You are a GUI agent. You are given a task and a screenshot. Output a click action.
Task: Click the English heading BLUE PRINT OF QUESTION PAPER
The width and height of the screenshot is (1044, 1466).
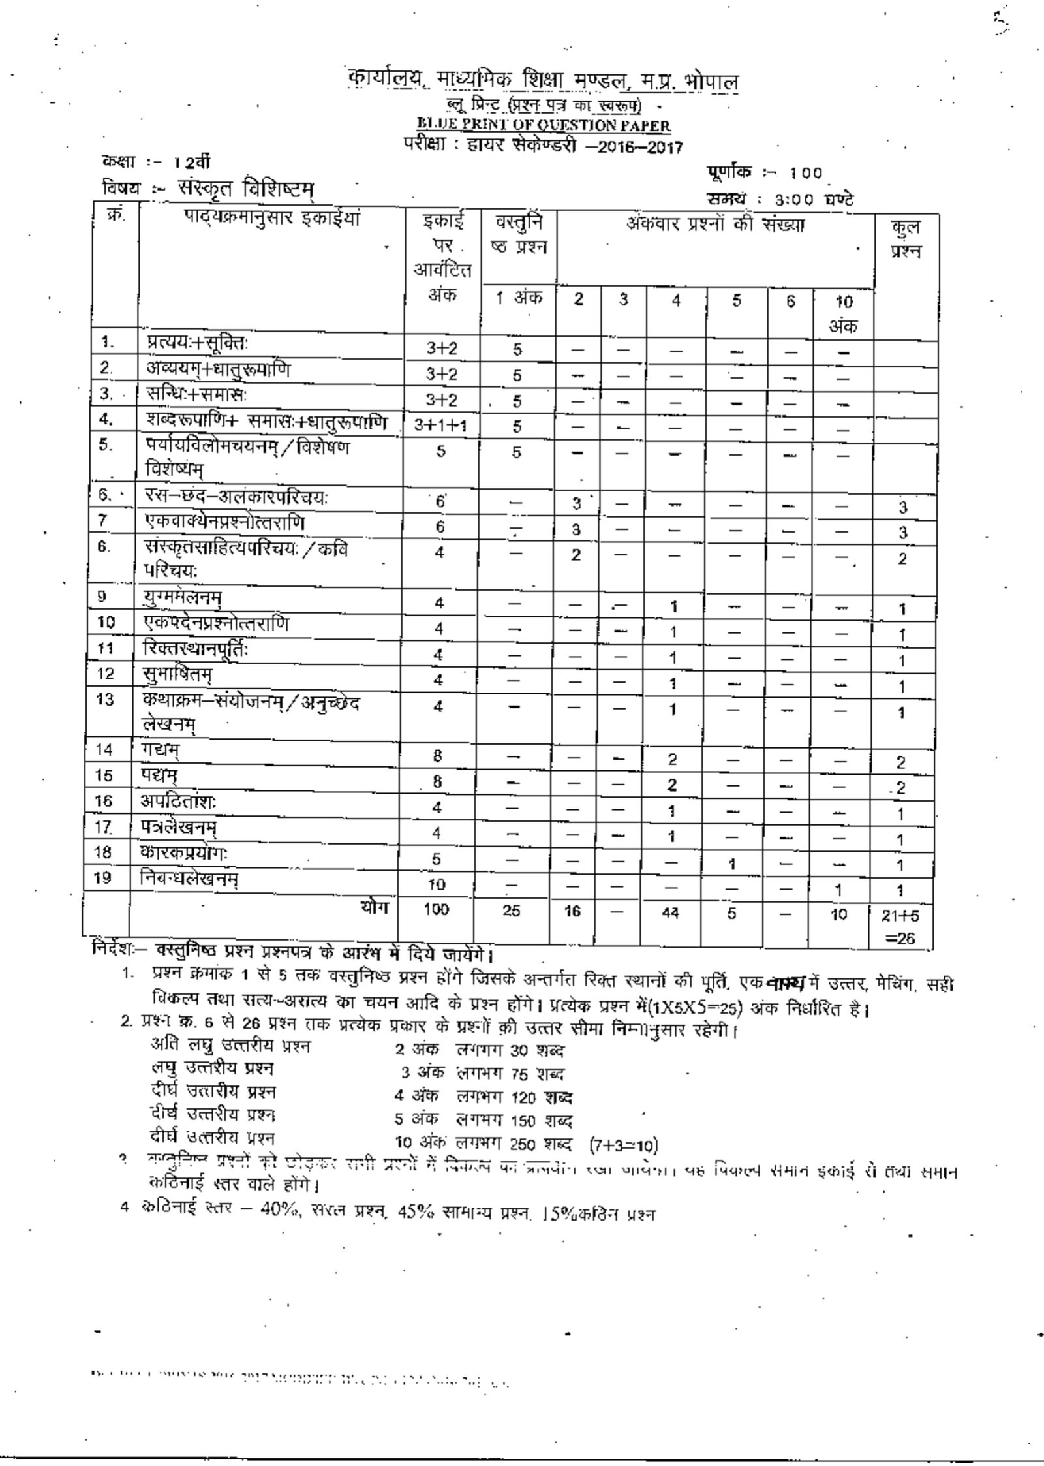coord(544,125)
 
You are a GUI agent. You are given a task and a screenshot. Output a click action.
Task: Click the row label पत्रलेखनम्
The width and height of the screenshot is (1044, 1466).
coord(180,828)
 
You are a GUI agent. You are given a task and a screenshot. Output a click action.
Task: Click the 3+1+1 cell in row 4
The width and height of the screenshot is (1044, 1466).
coord(440,426)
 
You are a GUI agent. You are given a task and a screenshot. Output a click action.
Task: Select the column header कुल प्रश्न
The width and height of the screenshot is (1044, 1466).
coord(905,239)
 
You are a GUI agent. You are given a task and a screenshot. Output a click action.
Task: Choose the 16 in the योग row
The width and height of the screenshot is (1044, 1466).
coord(572,912)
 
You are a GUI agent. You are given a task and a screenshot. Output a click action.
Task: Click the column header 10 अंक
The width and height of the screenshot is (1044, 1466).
coord(843,314)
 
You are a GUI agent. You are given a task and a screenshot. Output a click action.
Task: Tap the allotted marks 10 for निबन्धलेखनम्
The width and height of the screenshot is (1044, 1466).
coord(437,884)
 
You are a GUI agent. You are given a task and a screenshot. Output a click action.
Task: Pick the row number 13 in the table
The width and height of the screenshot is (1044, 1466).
coord(105,700)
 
